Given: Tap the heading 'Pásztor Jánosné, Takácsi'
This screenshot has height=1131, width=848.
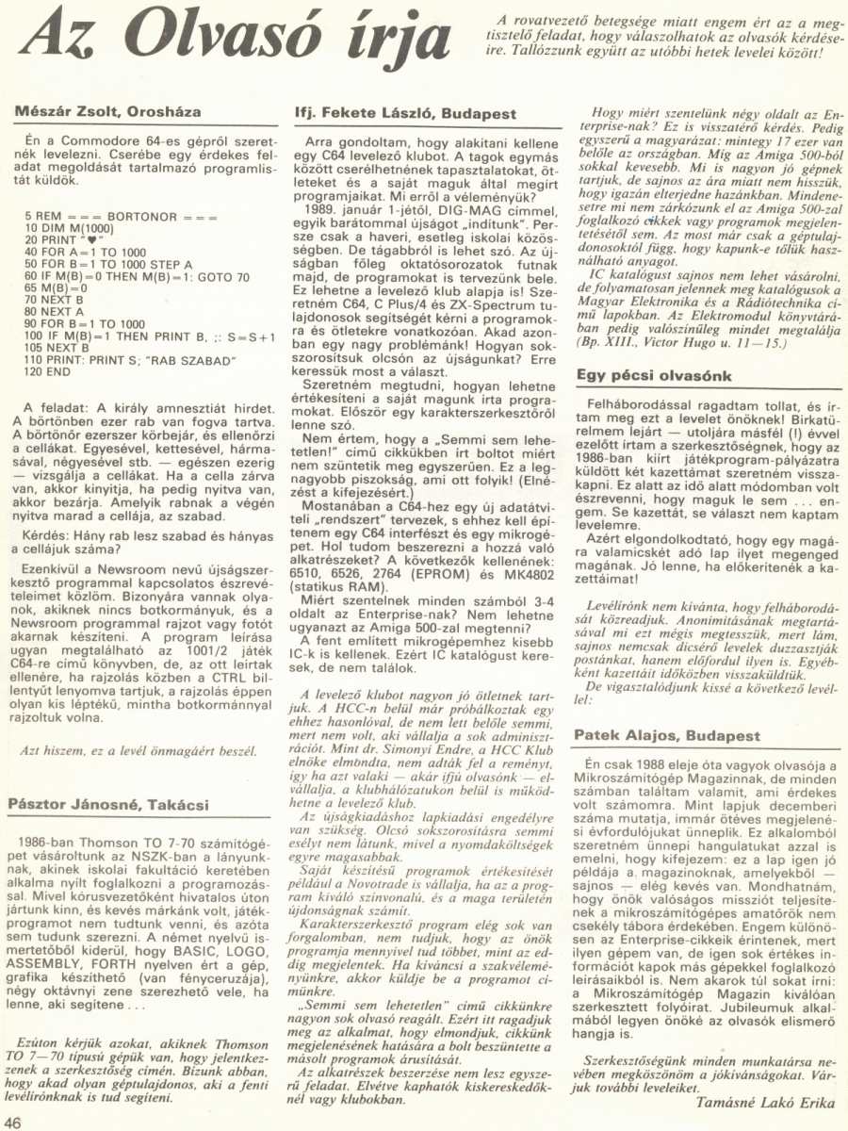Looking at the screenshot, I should pyautogui.click(x=108, y=804).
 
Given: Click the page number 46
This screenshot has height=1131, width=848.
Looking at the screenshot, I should pyautogui.click(x=13, y=1121).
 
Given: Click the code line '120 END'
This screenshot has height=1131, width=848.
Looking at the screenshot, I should pyautogui.click(x=47, y=372).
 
